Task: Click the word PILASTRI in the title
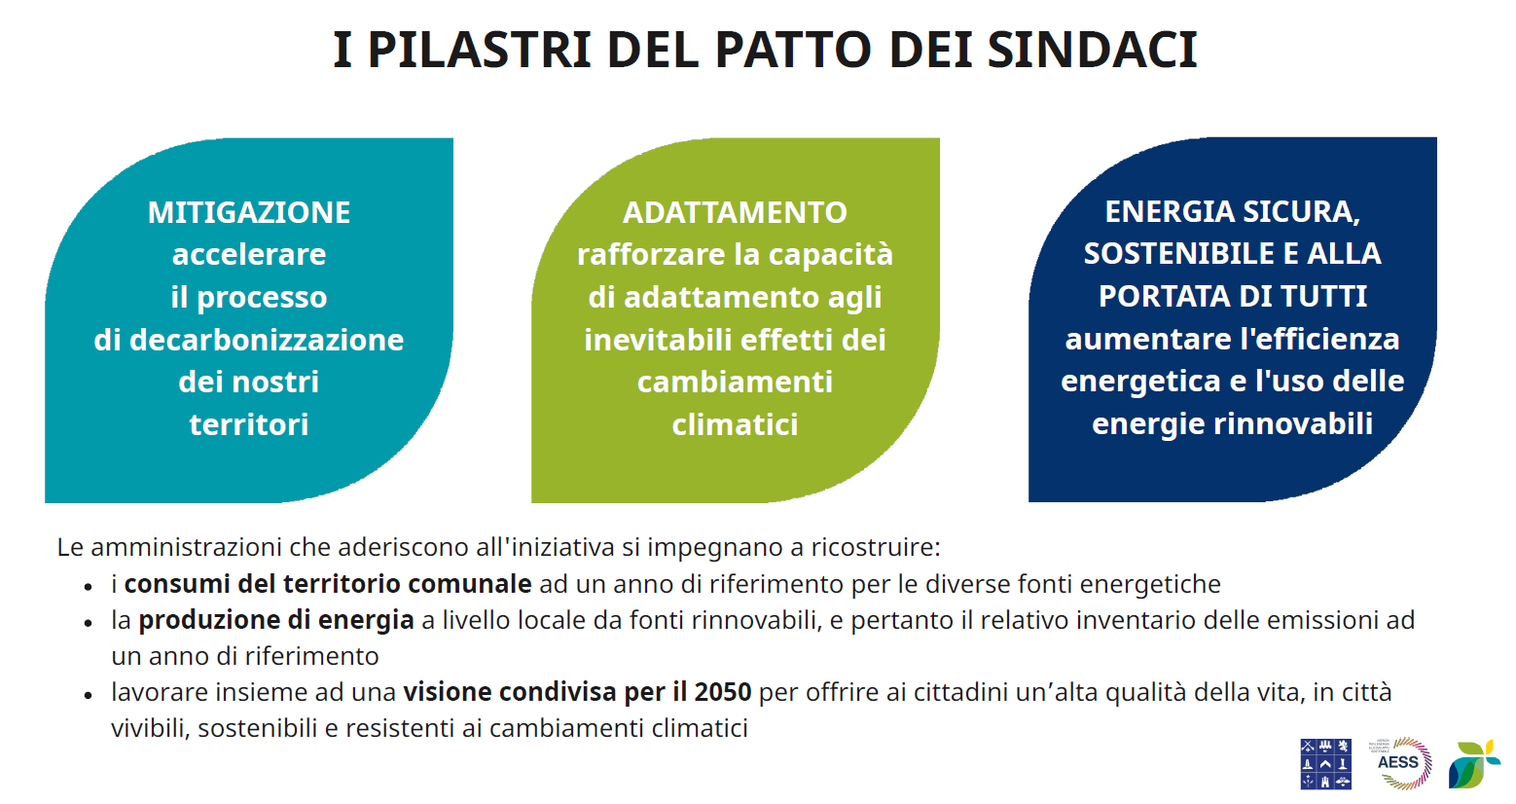(x=479, y=50)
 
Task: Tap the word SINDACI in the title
(x=1093, y=50)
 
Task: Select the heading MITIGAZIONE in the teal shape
(x=249, y=212)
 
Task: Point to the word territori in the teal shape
(x=249, y=425)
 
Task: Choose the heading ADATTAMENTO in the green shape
(x=735, y=212)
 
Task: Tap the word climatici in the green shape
(x=735, y=425)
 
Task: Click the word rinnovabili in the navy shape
(x=1293, y=424)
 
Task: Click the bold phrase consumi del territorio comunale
(x=328, y=584)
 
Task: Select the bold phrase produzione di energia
(x=276, y=620)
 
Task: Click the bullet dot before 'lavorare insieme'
(x=88, y=695)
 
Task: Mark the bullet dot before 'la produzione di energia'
(x=88, y=623)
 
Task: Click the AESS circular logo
(x=1400, y=763)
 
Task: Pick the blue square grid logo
(x=1326, y=763)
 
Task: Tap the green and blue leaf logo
(x=1473, y=764)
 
